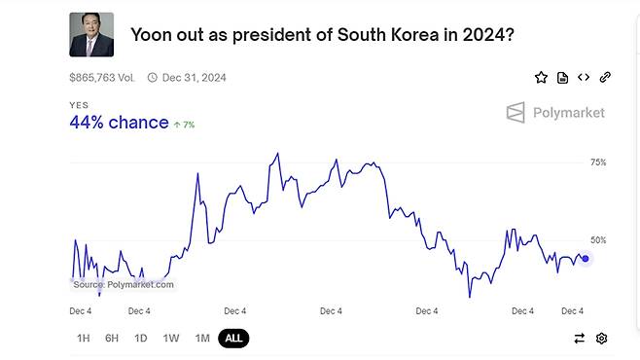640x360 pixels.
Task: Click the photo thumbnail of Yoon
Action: click(91, 35)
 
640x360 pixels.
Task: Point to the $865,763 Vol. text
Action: click(102, 77)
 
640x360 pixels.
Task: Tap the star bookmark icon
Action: click(541, 77)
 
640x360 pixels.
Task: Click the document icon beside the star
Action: click(562, 77)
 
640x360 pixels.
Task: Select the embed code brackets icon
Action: click(584, 77)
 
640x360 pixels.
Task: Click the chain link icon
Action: click(605, 77)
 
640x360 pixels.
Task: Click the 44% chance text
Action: click(119, 123)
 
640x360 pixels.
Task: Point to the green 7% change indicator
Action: click(184, 125)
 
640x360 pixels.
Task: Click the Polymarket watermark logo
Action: click(555, 113)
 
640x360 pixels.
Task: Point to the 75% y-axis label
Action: click(598, 162)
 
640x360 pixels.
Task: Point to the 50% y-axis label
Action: click(598, 239)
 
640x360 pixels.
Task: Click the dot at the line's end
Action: click(585, 259)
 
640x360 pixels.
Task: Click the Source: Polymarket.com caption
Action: click(123, 284)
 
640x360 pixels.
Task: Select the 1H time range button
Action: click(83, 338)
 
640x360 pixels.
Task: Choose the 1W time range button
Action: click(171, 338)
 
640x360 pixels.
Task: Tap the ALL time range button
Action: click(233, 338)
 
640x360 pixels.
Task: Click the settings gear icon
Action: click(602, 338)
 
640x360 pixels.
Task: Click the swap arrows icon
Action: click(580, 338)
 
